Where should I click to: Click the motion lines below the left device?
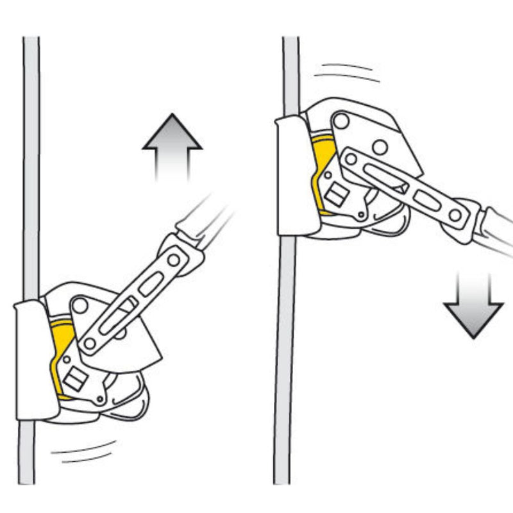point(83,452)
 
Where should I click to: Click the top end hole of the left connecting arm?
point(173,260)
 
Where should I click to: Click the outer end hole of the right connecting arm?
point(455,215)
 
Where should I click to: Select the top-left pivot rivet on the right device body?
point(341,121)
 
